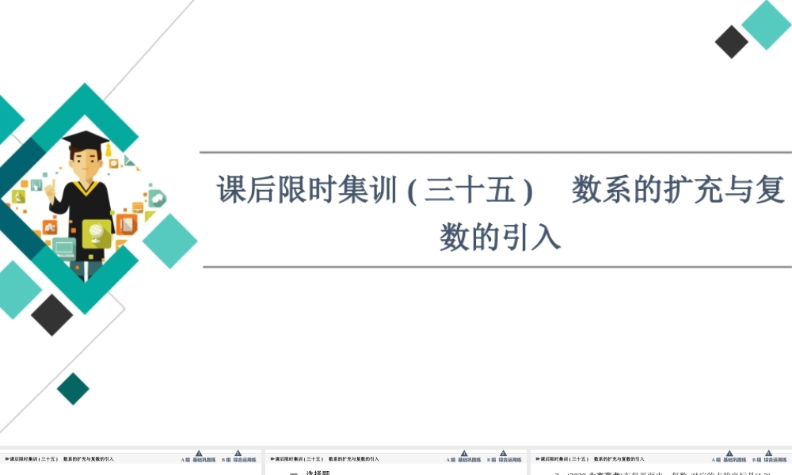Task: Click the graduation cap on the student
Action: coord(85,139)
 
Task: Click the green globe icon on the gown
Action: coord(96,233)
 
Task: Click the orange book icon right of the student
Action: coord(126,223)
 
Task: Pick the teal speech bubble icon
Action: coord(157,198)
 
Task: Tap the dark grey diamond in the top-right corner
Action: coord(731,42)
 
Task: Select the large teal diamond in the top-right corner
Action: coord(767,25)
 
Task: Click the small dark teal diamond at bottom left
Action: coord(73,389)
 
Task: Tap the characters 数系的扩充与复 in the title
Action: coord(678,191)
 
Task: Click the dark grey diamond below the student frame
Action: coord(52,314)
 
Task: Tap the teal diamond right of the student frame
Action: coord(169,241)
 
